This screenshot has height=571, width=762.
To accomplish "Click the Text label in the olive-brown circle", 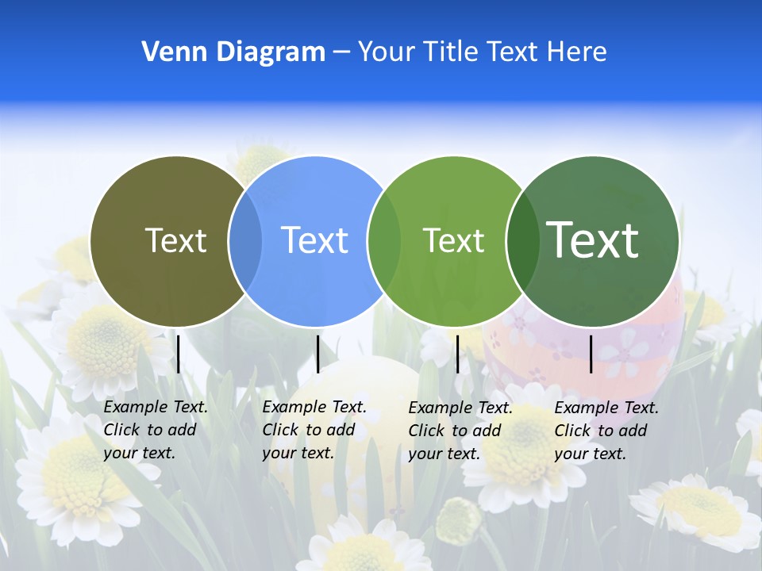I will pyautogui.click(x=175, y=240).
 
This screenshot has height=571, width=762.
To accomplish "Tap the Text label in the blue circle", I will pyautogui.click(x=315, y=240).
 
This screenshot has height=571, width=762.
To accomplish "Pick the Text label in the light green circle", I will pyautogui.click(x=453, y=240).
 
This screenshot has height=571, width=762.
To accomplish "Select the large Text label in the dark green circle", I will pyautogui.click(x=593, y=240).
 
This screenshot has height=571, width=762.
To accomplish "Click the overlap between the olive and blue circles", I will pyautogui.click(x=245, y=241).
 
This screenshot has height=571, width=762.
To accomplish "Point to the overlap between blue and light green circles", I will pyautogui.click(x=384, y=241).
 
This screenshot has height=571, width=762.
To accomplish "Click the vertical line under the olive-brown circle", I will pyautogui.click(x=179, y=354).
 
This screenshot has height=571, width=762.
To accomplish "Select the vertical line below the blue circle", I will pyautogui.click(x=317, y=354).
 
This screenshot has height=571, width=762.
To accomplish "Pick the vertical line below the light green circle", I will pyautogui.click(x=457, y=354).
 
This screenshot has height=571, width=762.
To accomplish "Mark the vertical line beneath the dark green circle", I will pyautogui.click(x=591, y=354).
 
